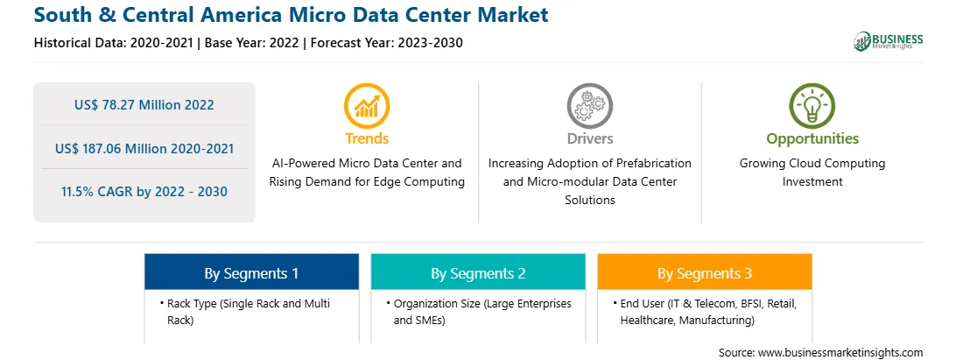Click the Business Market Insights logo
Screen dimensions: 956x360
889,41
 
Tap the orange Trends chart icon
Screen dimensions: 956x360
367,106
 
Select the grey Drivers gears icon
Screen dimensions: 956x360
589,106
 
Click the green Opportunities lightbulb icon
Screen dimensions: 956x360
812,106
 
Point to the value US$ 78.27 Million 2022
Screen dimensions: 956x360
144,105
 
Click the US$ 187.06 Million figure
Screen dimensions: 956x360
113,148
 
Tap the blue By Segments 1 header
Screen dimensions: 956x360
251,272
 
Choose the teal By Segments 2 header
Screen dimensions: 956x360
478,272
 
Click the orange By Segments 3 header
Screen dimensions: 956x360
705,272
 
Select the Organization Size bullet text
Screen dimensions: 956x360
479,312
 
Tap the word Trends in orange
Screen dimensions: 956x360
367,138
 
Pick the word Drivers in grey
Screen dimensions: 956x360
589,138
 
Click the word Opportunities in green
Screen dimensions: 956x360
812,138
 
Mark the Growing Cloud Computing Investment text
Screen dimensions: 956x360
812,172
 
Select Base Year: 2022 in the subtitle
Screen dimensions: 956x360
252,43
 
